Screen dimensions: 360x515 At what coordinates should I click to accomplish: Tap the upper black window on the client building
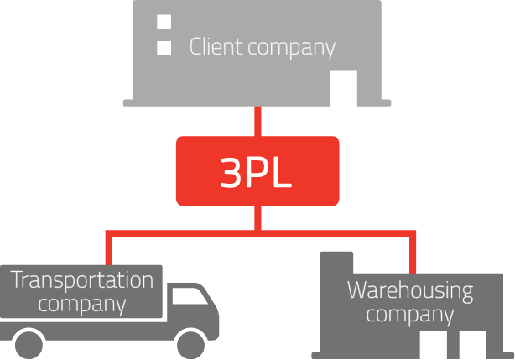[x=164, y=21]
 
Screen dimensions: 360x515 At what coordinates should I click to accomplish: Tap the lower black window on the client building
[x=164, y=47]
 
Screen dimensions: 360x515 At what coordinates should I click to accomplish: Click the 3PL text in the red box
[x=257, y=171]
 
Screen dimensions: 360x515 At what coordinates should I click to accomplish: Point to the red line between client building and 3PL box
[x=257, y=121]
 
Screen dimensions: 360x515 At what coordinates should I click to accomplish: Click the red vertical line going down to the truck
[x=108, y=249]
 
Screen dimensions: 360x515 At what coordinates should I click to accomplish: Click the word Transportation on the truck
[x=82, y=280]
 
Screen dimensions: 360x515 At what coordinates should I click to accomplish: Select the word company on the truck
[x=82, y=304]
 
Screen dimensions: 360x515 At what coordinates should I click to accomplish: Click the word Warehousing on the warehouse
[x=410, y=291]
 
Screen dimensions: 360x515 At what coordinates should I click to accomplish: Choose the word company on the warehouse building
[x=410, y=316]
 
